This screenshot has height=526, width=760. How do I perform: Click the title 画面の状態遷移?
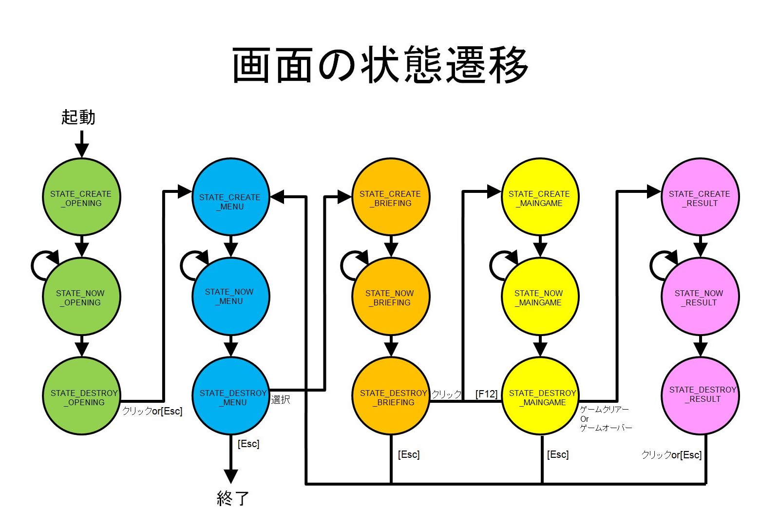380,66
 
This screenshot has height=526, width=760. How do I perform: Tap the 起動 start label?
78,117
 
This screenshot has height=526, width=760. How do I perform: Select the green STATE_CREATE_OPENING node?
81,197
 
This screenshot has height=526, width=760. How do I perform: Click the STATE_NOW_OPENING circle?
81,297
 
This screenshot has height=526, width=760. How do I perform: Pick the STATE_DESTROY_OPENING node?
81,396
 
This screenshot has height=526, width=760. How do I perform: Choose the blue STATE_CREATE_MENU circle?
230,197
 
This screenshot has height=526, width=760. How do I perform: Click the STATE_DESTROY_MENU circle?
230,396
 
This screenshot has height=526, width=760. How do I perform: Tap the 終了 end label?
233,498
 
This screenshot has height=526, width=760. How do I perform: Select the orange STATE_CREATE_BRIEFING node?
391,197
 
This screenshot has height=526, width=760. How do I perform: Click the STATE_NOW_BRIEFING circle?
391,297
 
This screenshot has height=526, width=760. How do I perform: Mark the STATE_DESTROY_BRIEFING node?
391,396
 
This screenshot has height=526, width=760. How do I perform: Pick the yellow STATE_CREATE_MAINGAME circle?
540,197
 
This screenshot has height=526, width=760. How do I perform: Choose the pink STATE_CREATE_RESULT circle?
700,197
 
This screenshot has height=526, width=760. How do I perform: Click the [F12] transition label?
486,394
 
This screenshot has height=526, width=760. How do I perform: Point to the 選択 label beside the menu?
281,400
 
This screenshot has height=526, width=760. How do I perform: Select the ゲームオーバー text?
606,428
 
